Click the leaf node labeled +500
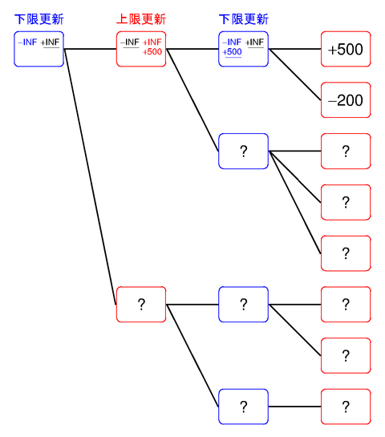[346, 50]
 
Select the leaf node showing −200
[346, 100]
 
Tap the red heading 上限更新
[141, 19]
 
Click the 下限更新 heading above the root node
[39, 19]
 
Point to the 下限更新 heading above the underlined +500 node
[244, 19]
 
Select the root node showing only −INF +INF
[39, 50]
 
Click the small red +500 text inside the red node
[152, 53]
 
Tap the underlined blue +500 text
[233, 53]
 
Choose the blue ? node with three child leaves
[244, 152]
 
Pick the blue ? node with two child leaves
[244, 305]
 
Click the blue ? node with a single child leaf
[244, 407]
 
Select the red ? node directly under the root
[141, 305]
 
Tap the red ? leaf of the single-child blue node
[346, 407]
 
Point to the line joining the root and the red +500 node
[90, 49]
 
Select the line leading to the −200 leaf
[295, 75]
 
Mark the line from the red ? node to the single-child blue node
[192, 355]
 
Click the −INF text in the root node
[27, 42]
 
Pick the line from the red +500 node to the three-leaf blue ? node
[192, 100]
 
